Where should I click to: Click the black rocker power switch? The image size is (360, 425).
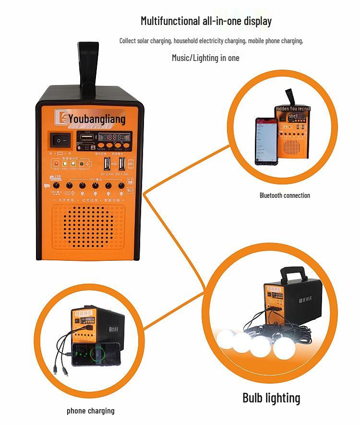(x=60, y=139)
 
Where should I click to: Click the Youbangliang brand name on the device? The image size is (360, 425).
(x=96, y=119)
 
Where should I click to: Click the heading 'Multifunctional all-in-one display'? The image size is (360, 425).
(x=206, y=21)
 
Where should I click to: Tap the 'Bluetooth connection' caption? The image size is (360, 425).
(x=285, y=195)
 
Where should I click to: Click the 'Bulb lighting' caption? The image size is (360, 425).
(x=271, y=398)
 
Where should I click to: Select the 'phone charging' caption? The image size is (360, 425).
(x=91, y=411)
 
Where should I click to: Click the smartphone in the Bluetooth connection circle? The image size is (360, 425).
(x=266, y=141)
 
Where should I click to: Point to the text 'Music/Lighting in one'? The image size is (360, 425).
(x=205, y=58)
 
